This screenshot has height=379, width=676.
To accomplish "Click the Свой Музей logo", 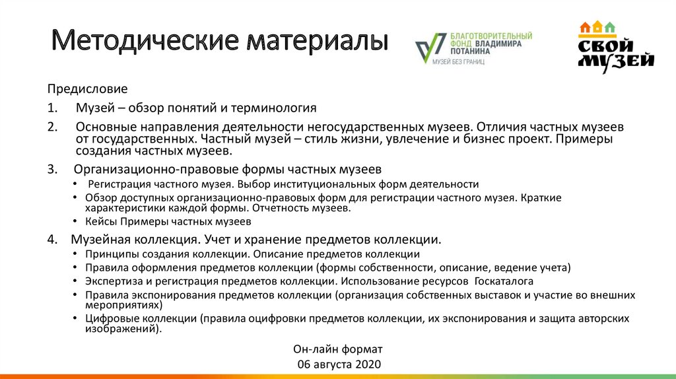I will (615, 46).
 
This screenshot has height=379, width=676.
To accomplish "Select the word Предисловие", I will (87, 88).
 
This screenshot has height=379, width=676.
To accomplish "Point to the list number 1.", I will (51, 107).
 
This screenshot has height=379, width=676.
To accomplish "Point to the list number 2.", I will (52, 125).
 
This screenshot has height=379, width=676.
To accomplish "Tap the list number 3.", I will (52, 168).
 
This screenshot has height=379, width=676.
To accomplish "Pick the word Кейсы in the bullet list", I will (99, 221).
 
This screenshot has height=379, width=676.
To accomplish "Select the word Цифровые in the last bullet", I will (109, 318).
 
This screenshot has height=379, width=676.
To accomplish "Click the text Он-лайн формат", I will (337, 349).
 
